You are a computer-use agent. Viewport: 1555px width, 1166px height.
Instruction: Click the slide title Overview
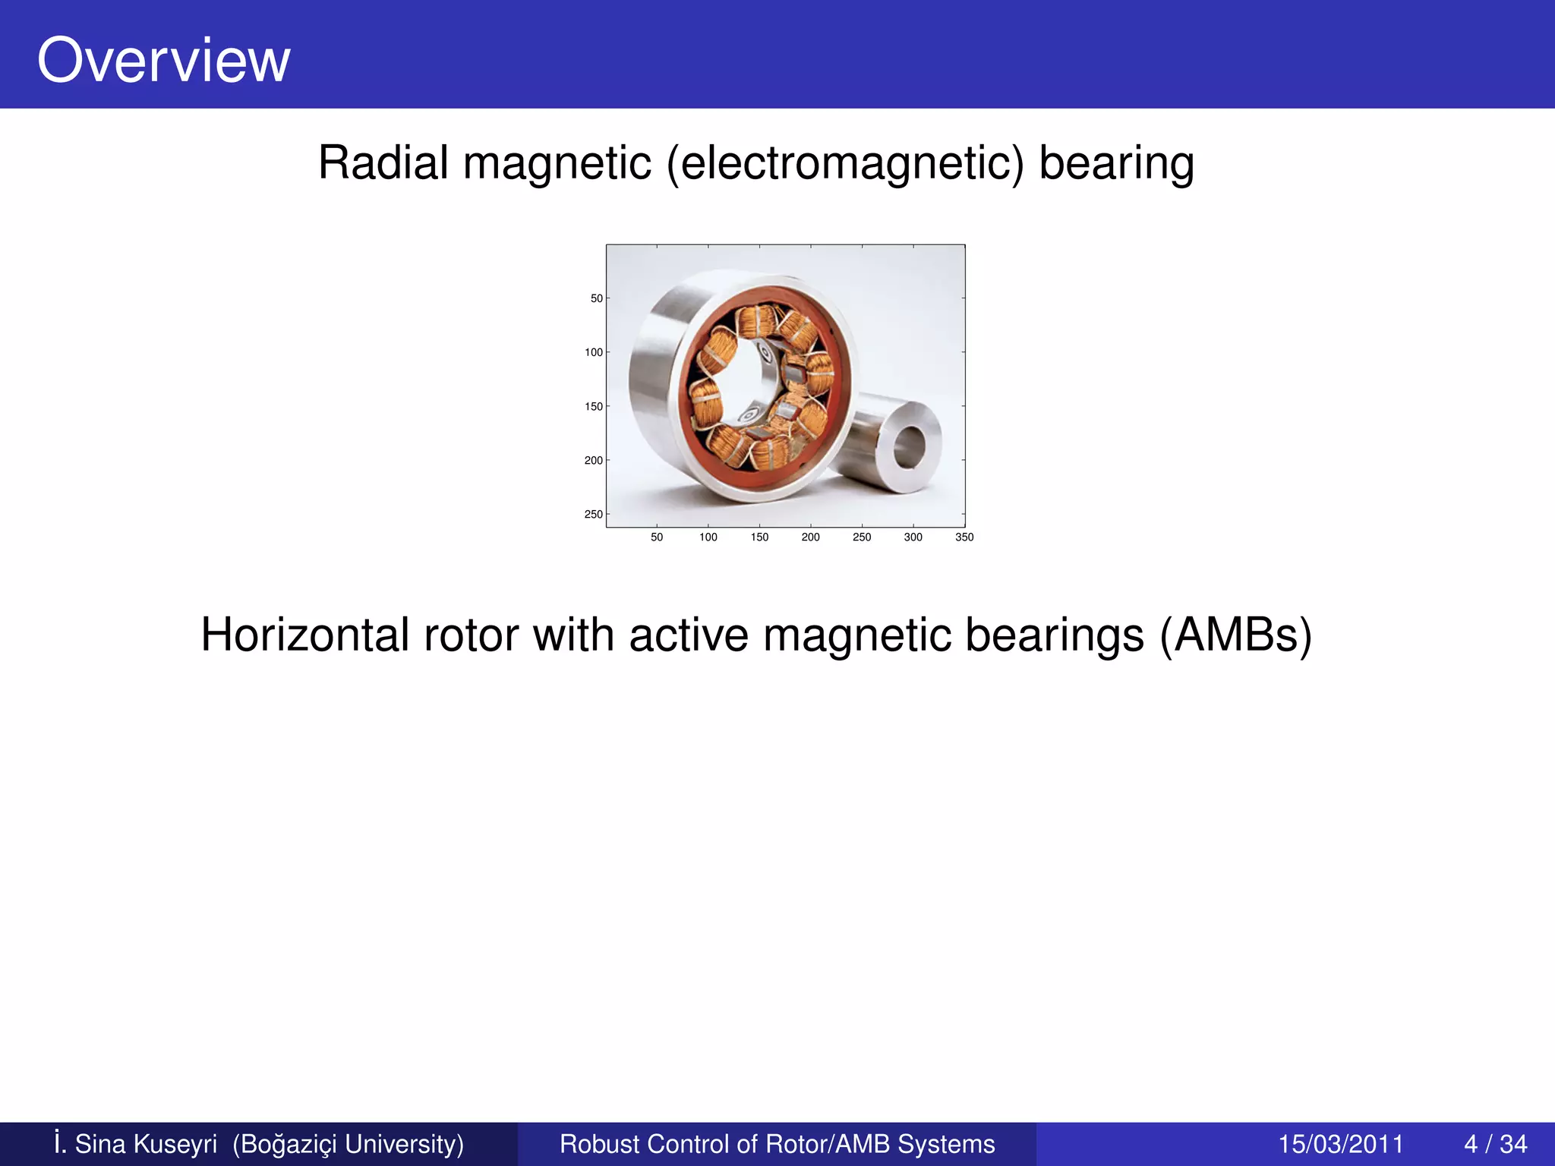[163, 61]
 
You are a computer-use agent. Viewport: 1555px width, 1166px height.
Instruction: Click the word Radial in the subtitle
[383, 162]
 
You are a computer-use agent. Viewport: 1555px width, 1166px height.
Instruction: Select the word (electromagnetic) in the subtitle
[845, 164]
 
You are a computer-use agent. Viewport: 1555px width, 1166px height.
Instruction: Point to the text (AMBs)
[1235, 636]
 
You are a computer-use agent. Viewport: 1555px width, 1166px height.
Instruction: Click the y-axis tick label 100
[594, 352]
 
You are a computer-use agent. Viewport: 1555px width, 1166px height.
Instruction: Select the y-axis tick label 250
[594, 515]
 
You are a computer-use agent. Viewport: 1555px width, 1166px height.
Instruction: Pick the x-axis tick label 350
[964, 537]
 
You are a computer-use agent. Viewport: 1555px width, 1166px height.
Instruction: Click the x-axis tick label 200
[811, 537]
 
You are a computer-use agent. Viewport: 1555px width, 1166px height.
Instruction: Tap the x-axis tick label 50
[657, 537]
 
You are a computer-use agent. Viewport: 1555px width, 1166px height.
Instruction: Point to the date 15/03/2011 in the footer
[1341, 1144]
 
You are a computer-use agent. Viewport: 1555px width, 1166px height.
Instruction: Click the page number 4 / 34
[1495, 1144]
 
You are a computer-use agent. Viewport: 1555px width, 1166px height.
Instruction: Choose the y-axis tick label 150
[594, 407]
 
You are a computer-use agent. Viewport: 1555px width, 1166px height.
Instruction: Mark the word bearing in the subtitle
[1116, 164]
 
